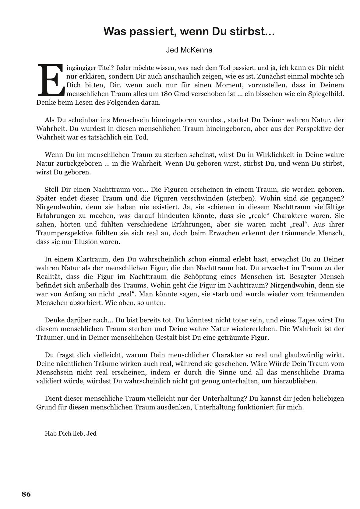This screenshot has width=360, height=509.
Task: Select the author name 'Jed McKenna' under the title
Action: [x=189, y=50]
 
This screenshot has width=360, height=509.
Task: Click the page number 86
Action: [x=26, y=494]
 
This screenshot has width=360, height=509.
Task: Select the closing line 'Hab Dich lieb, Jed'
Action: [x=71, y=433]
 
